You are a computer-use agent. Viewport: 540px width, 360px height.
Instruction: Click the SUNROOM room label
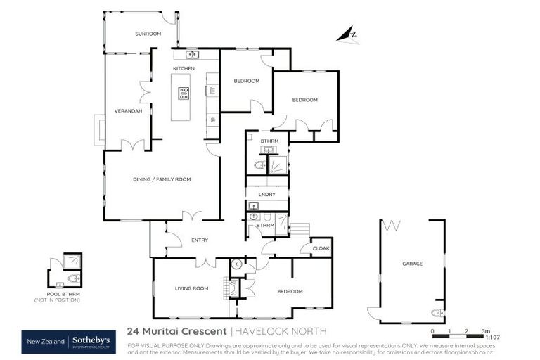click(x=148, y=33)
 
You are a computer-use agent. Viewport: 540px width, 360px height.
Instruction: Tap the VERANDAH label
click(x=128, y=111)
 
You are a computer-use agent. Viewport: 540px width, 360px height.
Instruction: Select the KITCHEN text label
click(x=184, y=68)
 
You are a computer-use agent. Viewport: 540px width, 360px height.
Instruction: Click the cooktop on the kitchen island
click(x=184, y=93)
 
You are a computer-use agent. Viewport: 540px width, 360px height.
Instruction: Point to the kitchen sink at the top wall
click(x=192, y=55)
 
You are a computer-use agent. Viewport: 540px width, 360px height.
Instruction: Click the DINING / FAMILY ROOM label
click(x=162, y=179)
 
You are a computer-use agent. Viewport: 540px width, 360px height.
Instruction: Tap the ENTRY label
click(x=200, y=240)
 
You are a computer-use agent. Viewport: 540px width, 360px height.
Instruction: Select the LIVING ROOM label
click(x=191, y=288)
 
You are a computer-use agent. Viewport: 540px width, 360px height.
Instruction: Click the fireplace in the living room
click(x=225, y=288)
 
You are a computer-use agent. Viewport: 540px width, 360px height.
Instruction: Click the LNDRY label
click(x=266, y=194)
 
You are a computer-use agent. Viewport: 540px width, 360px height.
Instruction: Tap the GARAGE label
click(x=412, y=264)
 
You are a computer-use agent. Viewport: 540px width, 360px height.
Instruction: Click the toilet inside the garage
click(x=437, y=313)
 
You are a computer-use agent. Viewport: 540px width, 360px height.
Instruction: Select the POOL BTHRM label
click(x=56, y=294)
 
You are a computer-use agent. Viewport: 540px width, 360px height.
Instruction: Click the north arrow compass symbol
click(x=347, y=34)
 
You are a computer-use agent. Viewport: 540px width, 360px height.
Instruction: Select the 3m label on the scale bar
click(x=486, y=330)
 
